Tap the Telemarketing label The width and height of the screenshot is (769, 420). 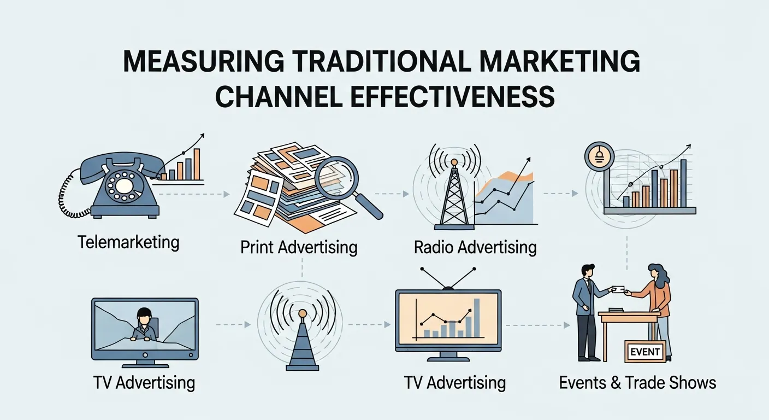pos(128,242)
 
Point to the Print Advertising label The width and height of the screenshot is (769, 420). pos(299,247)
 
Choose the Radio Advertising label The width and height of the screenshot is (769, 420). pos(475,247)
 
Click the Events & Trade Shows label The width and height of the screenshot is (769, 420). pos(637,382)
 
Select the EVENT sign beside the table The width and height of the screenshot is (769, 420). pos(645,351)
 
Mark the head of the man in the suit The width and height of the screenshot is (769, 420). pos(587,271)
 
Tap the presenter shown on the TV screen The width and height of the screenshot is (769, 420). pos(144,325)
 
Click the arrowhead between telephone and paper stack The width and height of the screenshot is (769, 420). pos(226,194)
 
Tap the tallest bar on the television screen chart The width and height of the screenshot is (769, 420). pos(477,317)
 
